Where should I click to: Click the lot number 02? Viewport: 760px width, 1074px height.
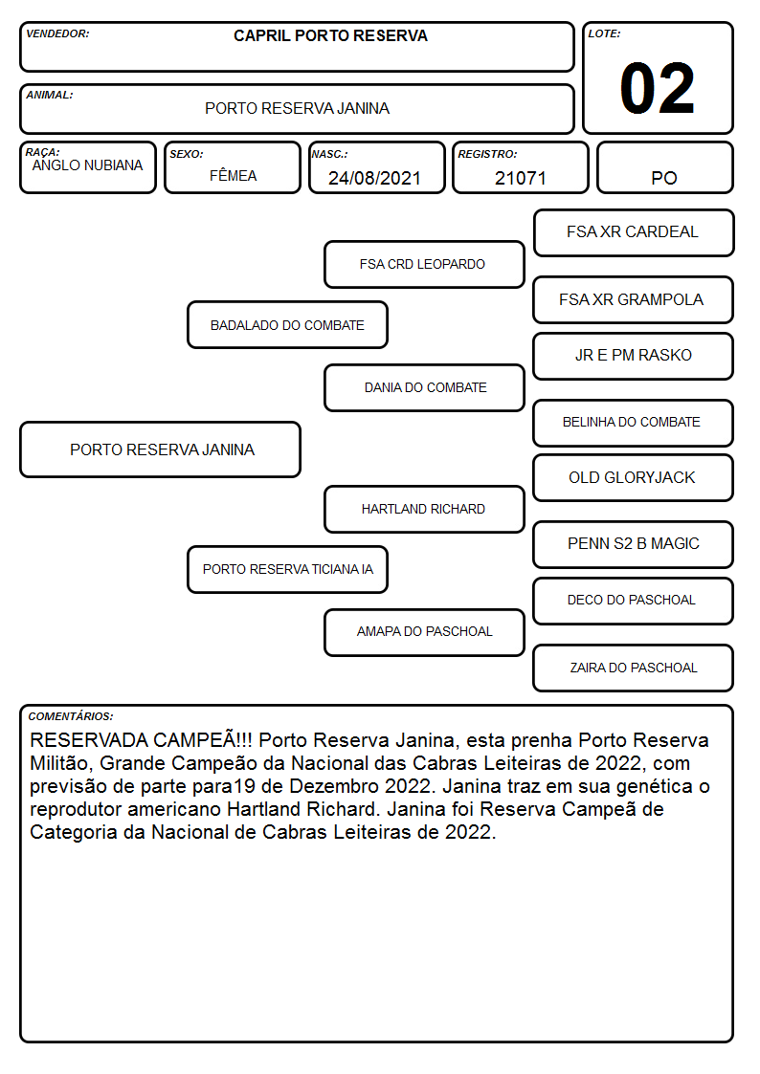[657, 88]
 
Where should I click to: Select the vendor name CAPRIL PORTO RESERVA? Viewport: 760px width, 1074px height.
[330, 35]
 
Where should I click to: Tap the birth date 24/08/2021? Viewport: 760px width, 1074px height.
[374, 178]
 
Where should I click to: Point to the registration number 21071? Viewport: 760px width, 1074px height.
[520, 178]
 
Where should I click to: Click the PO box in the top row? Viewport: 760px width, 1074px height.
[664, 167]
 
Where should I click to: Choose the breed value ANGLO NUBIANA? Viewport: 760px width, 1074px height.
[87, 165]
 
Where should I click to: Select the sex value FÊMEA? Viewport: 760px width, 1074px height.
[233, 176]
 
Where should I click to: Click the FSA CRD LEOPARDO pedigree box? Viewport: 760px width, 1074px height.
[424, 264]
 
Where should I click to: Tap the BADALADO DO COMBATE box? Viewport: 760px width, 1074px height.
[287, 325]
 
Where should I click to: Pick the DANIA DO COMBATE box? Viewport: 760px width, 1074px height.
[424, 387]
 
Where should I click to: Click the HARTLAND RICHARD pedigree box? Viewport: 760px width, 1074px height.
[424, 509]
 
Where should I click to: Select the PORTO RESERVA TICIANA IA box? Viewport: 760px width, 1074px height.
[287, 569]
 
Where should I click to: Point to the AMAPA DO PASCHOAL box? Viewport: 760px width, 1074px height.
[424, 632]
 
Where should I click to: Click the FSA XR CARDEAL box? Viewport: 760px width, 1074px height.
[634, 233]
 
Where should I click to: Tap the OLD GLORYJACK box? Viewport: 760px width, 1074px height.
[634, 478]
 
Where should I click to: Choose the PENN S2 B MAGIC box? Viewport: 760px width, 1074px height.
[634, 544]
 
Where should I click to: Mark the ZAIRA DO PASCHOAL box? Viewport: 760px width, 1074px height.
[634, 668]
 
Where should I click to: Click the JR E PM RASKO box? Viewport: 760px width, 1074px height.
[634, 356]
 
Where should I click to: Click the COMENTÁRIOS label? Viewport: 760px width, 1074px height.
[71, 716]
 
